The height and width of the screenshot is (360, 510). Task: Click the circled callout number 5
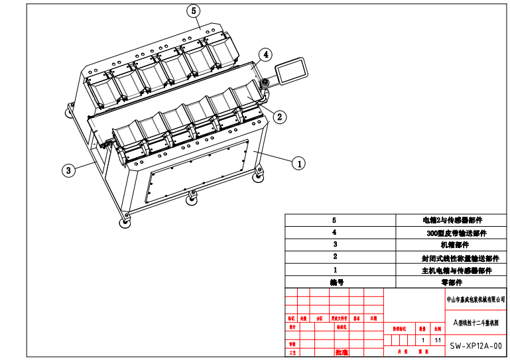pyautogui.click(x=194, y=11)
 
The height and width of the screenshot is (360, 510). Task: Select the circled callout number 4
pyautogui.click(x=265, y=54)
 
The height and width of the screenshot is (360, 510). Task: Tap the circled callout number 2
pyautogui.click(x=280, y=117)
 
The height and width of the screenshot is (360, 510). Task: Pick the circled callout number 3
pyautogui.click(x=68, y=170)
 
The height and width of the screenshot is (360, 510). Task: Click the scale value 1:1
pyautogui.click(x=438, y=339)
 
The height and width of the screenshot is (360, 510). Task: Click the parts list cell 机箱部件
pyautogui.click(x=452, y=245)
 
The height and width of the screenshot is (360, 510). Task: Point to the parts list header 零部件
pyautogui.click(x=451, y=282)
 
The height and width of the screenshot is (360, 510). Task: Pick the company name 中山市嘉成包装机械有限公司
pyautogui.click(x=477, y=300)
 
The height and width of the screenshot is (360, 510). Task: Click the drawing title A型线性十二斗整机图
pyautogui.click(x=476, y=323)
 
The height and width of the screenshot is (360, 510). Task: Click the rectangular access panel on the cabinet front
pyautogui.click(x=200, y=171)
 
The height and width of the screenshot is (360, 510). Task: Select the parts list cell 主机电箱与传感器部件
pyautogui.click(x=456, y=270)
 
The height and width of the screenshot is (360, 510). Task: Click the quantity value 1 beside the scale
pyautogui.click(x=422, y=339)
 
